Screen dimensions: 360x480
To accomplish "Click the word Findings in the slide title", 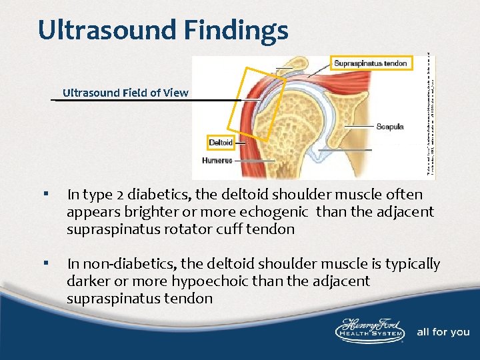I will (229, 30).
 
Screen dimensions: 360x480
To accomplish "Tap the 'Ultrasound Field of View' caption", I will (125, 93).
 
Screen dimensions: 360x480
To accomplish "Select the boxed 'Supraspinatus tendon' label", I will (370, 64).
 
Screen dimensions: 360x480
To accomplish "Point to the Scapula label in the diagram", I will (389, 126).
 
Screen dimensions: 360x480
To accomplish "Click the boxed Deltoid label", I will (221, 143).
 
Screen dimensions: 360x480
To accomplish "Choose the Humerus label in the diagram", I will (217, 160).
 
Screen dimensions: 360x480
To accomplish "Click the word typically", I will (410, 264).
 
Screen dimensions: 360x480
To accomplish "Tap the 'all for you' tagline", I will (443, 332).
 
